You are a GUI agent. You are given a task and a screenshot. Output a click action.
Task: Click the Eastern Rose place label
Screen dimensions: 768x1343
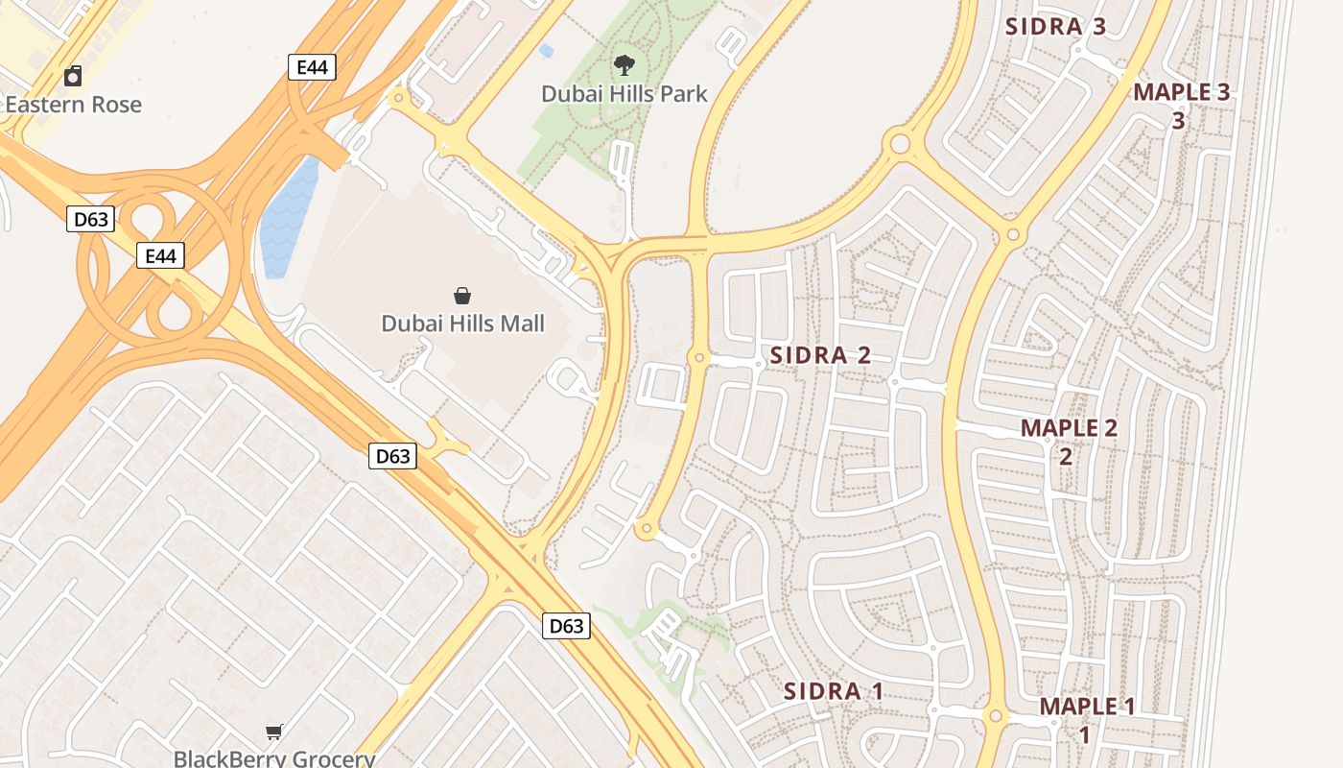[74, 105]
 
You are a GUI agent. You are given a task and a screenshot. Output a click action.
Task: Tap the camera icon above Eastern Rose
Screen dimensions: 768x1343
[73, 76]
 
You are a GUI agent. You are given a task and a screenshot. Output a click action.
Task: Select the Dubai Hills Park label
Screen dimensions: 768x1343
[624, 94]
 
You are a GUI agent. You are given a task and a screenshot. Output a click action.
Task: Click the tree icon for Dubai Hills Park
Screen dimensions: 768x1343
[624, 65]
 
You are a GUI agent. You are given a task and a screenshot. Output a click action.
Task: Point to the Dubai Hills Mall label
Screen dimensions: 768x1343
[462, 324]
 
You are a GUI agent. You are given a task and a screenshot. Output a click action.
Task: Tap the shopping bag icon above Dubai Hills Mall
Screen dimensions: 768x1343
[462, 295]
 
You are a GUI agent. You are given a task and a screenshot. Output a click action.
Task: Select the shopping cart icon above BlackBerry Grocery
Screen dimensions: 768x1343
[274, 732]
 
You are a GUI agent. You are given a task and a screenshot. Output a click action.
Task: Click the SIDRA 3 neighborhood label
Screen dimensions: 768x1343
[1056, 27]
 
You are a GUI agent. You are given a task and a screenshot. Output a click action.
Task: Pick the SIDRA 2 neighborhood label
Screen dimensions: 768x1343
[820, 355]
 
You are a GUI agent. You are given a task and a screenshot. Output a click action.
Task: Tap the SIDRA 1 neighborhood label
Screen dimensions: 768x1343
[833, 691]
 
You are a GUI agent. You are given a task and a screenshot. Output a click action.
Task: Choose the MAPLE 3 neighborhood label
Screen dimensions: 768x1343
[1181, 93]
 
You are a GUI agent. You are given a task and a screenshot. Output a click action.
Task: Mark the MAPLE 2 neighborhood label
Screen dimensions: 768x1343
[1069, 428]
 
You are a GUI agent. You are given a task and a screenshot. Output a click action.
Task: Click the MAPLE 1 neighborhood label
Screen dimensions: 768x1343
[1087, 708]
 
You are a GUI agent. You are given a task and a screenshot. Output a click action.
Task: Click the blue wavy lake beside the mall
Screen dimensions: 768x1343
[289, 218]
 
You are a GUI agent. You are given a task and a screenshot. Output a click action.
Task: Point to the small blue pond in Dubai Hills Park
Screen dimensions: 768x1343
[546, 50]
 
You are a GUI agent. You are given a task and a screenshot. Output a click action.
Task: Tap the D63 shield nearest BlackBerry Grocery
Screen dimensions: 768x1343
[565, 627]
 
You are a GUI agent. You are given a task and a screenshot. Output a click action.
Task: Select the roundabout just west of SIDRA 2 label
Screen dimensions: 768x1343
[699, 357]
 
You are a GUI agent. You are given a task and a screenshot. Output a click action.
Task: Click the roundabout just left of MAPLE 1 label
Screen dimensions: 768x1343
[996, 716]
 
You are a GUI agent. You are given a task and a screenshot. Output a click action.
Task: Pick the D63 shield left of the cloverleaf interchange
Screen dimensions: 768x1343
[91, 220]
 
